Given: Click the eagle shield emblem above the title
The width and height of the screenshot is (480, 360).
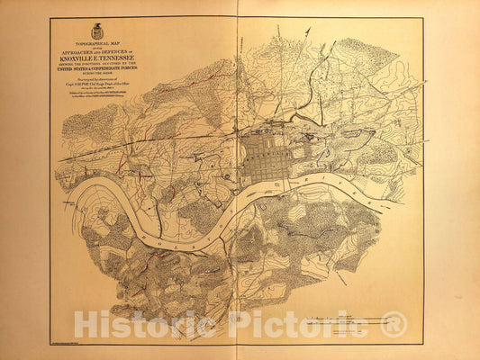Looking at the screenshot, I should click(x=97, y=31).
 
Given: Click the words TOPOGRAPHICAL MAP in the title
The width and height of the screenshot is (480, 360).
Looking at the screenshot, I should click(x=97, y=42).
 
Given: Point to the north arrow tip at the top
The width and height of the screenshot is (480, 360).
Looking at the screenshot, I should click(x=308, y=30).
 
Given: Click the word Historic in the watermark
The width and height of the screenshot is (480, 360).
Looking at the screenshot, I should click(x=144, y=324).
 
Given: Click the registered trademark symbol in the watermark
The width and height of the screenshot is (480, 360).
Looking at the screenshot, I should click(x=394, y=324).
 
